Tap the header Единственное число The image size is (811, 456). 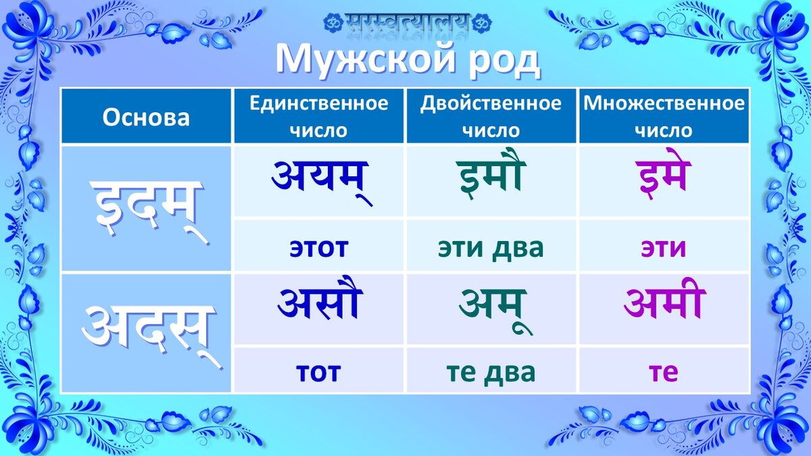click(318, 116)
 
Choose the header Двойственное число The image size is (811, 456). click(491, 116)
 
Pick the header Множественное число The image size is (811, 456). click(664, 116)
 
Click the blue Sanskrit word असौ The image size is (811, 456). click(320, 303)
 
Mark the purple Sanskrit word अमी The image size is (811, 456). click(664, 303)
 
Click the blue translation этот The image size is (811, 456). click(318, 248)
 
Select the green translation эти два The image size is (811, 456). click(491, 248)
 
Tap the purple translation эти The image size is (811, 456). click(664, 248)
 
